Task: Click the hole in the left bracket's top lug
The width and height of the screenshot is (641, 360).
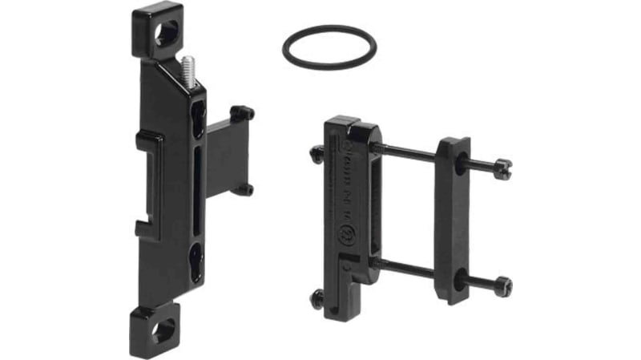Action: point(167,31)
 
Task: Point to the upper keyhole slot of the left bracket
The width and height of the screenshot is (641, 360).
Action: point(198,119)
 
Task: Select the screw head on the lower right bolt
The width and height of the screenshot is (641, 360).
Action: point(502,285)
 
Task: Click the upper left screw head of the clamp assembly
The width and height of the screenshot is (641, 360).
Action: point(316,154)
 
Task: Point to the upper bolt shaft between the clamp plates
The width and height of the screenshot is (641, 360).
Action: point(409,152)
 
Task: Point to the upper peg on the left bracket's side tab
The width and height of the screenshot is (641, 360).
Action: point(241,113)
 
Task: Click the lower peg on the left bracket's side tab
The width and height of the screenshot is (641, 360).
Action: point(243,190)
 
